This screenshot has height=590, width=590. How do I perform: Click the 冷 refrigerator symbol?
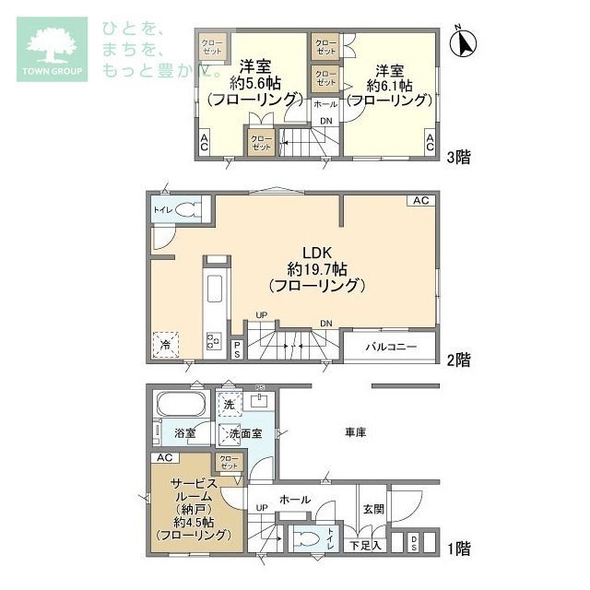166,343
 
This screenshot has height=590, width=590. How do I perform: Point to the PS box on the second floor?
237,348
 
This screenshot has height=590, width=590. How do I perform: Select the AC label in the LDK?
420,201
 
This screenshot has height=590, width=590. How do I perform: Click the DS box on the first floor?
414,545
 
